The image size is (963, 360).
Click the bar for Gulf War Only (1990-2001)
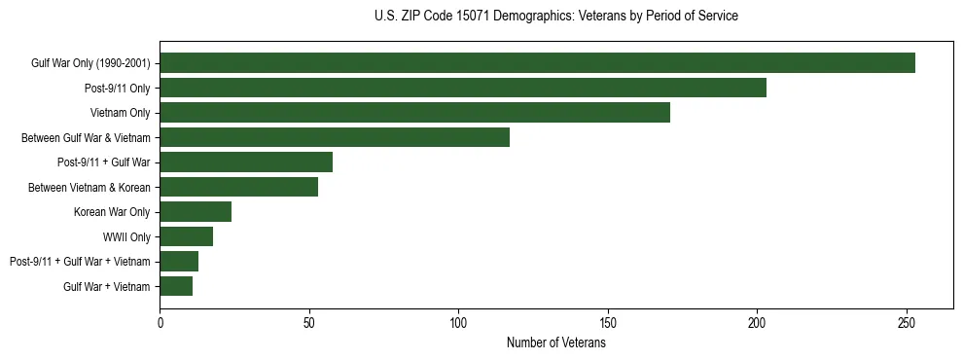[x=537, y=63]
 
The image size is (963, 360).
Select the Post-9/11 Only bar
[x=463, y=88]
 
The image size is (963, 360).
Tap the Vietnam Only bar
[x=414, y=113]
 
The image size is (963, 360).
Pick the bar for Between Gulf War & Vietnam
[x=335, y=137]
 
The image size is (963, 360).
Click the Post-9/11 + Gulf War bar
[x=246, y=162]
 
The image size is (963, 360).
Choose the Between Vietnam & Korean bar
[x=238, y=187]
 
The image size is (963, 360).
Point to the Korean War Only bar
[x=196, y=211]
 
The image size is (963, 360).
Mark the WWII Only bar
[x=186, y=236]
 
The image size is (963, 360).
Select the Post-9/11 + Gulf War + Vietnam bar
[x=179, y=261]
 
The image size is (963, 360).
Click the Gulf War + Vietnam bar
[x=176, y=286]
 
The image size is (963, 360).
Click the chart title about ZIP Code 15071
[x=555, y=17]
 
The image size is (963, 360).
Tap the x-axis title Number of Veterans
[x=555, y=343]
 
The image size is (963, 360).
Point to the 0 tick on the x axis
[x=160, y=322]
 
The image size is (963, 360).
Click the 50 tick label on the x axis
[x=309, y=322]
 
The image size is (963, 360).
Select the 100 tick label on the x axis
[x=458, y=322]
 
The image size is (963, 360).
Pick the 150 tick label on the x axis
[x=608, y=322]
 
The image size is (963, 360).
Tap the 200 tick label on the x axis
[x=757, y=322]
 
